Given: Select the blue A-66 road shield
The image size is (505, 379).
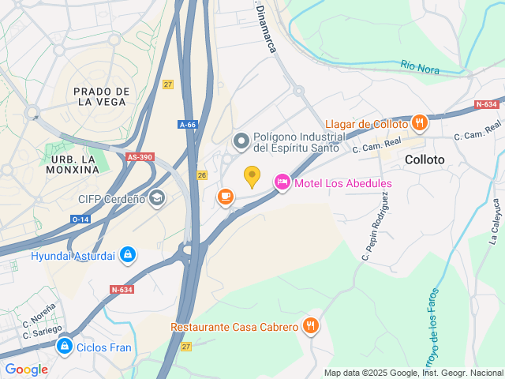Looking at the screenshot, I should pos(188,125).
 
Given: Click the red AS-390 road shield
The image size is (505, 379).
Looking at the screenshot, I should pos(140,157).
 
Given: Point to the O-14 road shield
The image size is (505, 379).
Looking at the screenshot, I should pos(80,219).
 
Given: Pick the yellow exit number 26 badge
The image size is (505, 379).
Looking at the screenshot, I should pos(202,174).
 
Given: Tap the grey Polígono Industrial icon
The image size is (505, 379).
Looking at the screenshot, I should pos(241,141).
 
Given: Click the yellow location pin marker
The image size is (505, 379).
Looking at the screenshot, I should pos(252,176).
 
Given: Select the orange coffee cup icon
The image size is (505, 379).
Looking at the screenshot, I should pos(226,196).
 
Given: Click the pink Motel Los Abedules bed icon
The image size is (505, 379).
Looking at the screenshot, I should pos(282,182).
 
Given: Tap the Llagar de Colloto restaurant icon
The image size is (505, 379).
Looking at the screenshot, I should pos(419,123).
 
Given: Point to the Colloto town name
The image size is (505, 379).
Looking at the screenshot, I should pos(425,159).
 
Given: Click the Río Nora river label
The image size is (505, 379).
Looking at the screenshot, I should pos(419,67).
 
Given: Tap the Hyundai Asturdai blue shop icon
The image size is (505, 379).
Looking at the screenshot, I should pos(128,255).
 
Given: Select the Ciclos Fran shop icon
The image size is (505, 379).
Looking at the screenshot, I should pos(65,346).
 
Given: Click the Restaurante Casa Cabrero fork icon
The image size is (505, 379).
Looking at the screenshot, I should pos(311,325).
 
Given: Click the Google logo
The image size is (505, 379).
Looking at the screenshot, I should pos(27,369).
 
